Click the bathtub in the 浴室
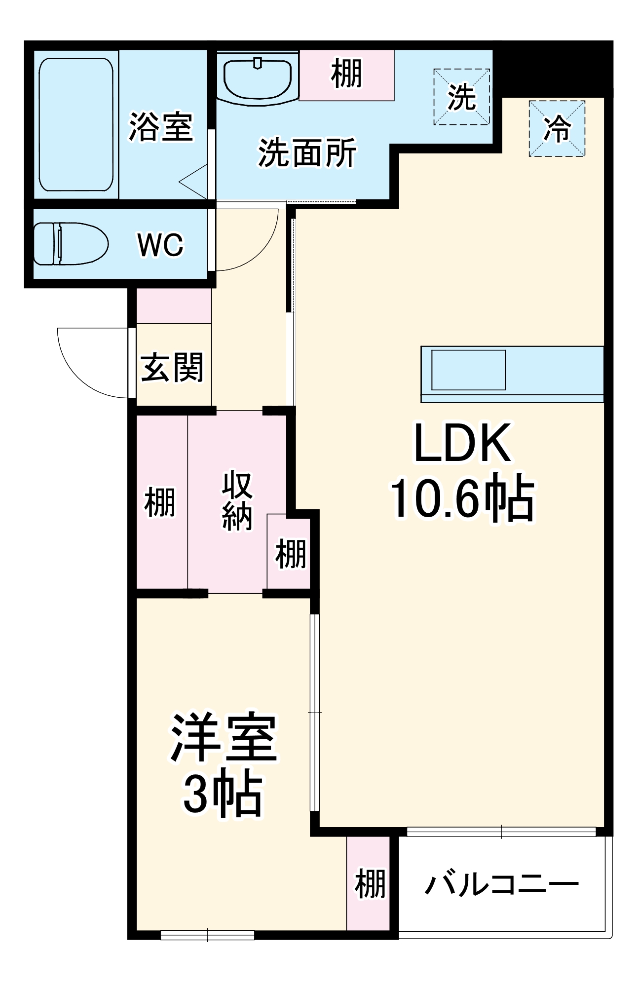point(76,124)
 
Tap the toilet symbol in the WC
point(70,244)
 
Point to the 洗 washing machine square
point(461,97)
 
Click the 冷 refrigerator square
point(557,129)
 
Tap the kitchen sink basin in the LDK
point(468,370)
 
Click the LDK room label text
point(462,443)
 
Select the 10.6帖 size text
point(462,499)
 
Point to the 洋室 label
point(223,737)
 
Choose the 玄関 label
point(172,368)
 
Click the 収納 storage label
point(237,501)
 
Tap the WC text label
point(160,244)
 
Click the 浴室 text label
point(160,127)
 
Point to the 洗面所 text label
point(307,153)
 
